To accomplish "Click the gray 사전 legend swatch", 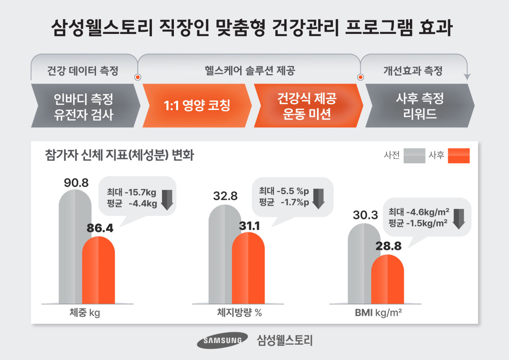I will tap(414, 156).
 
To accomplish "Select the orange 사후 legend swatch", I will tap(459, 156).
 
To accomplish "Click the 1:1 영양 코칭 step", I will tap(197, 106).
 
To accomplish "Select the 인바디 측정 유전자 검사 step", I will tap(84, 106).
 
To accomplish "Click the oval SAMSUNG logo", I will tap(222, 340).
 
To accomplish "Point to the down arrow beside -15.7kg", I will tap(167, 199).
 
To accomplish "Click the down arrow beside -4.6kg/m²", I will tap(459, 218).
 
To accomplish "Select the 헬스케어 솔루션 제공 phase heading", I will tap(249, 70).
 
